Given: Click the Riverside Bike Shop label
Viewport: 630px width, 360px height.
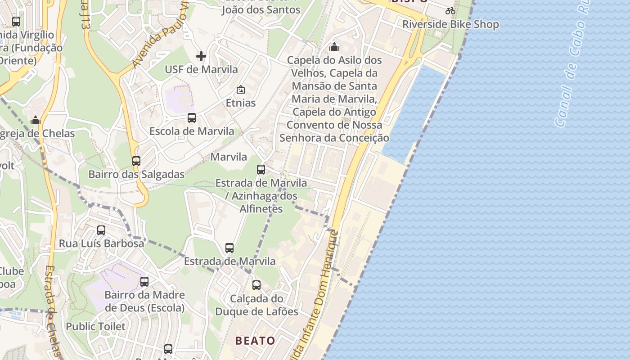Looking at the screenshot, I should [450, 24].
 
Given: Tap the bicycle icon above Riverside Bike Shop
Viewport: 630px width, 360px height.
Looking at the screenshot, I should [450, 11].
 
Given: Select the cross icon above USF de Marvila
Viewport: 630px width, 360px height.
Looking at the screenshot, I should [201, 56].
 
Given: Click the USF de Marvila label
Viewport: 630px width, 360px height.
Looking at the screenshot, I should [201, 69].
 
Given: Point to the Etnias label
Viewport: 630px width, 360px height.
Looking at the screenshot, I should [241, 103].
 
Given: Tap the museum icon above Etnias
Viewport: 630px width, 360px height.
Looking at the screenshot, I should [241, 90].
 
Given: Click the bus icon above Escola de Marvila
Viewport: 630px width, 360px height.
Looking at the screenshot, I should [192, 118].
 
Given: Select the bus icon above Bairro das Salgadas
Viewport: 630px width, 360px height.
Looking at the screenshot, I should [136, 161].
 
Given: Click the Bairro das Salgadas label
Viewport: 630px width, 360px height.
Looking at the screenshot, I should [136, 174].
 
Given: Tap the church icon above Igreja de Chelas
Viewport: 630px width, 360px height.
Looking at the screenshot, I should [36, 120].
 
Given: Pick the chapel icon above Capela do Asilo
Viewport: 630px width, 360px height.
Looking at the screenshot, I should [334, 47].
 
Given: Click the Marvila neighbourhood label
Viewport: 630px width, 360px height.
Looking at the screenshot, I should [229, 157].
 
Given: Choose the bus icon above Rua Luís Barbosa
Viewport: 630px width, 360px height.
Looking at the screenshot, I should [101, 230].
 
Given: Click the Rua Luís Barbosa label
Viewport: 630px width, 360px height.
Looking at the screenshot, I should [102, 243].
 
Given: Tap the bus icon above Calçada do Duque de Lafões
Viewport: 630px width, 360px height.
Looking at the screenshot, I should [256, 285].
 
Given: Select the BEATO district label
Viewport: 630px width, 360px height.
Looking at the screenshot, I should [255, 341].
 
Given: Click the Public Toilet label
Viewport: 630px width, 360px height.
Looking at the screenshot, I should [96, 326].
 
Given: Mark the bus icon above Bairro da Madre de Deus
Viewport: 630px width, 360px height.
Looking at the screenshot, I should [144, 282].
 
